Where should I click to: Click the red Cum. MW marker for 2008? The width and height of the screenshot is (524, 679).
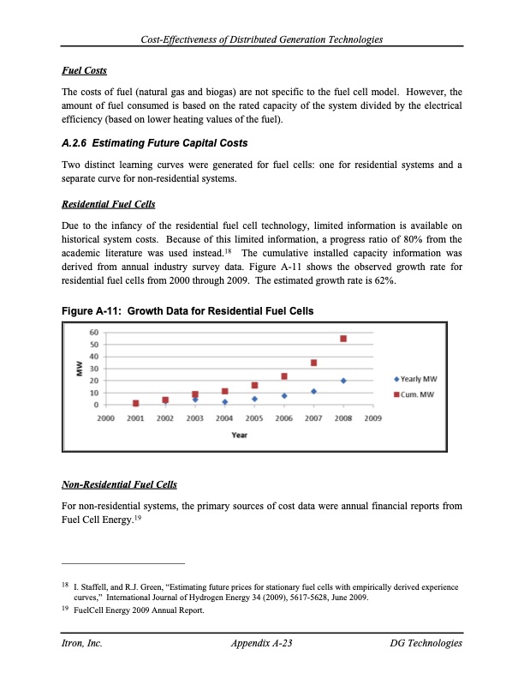pos(343,339)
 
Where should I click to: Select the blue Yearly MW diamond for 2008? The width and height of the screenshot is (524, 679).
pos(343,381)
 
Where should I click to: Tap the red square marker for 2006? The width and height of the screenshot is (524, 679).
pos(284,376)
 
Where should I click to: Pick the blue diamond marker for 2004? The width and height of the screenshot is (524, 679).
pos(224,402)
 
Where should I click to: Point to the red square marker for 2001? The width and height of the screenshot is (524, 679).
pos(135,403)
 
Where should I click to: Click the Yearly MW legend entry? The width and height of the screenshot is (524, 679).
pos(416,379)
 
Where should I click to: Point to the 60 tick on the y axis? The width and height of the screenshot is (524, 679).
pos(93,332)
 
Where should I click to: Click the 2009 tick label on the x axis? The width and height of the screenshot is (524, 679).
pos(373,418)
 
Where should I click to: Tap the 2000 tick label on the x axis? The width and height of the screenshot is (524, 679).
pos(105,418)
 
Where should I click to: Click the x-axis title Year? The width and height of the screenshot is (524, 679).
pos(240,435)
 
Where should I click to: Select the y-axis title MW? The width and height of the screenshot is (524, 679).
pos(79,368)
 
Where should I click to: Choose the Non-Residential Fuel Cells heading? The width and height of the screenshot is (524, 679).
pos(119,485)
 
